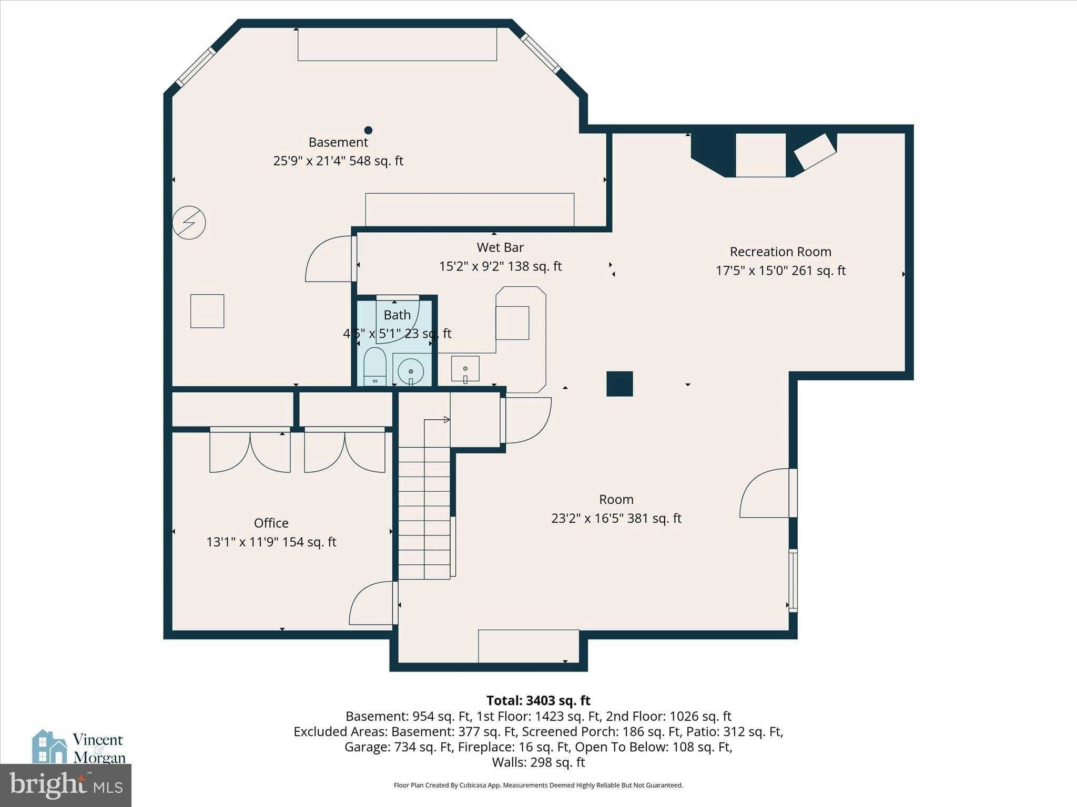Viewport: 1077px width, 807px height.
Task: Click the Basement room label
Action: click(338, 142)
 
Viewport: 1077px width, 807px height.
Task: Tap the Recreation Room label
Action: click(780, 252)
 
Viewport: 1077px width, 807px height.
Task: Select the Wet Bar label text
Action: click(500, 247)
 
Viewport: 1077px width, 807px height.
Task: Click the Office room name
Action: click(271, 523)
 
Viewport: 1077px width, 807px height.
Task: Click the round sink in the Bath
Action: click(411, 371)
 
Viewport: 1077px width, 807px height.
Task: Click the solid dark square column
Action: click(619, 384)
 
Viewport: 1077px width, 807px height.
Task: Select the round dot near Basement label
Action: click(369, 130)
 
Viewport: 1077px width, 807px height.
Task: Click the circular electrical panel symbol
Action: click(189, 223)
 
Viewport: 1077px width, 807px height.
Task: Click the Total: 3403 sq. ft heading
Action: click(538, 700)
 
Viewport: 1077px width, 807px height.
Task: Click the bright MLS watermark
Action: click(66, 785)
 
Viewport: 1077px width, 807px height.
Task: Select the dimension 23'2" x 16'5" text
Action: click(616, 519)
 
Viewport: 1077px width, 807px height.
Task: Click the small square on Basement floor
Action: click(207, 311)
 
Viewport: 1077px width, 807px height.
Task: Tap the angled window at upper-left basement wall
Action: click(196, 67)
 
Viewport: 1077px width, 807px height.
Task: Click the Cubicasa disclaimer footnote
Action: click(538, 785)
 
